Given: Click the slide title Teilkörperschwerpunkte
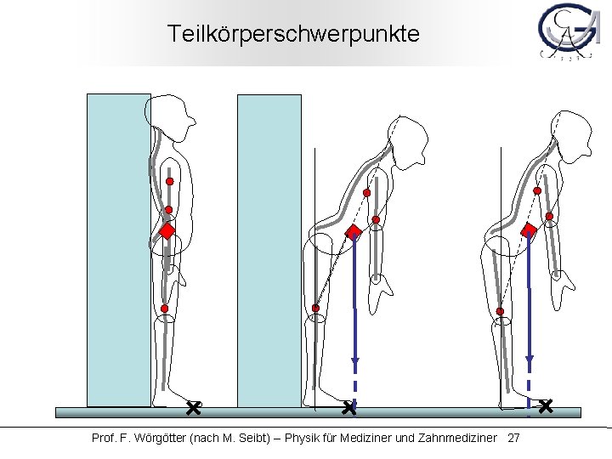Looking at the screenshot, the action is [292, 34].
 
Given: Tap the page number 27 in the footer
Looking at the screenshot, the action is [513, 438].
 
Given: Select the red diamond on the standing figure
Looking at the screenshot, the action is [167, 230].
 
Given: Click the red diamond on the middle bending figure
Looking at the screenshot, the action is [354, 232].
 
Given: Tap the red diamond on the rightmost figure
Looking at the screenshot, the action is [529, 229].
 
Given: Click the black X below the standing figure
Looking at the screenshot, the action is [193, 409].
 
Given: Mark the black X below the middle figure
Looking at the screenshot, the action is [348, 409].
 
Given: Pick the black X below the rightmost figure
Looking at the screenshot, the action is [545, 406].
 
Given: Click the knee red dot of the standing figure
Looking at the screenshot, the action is [165, 309].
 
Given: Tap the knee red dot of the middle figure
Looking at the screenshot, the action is [315, 308].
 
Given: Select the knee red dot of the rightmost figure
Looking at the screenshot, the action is [500, 312].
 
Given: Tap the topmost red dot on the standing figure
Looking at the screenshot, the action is [169, 182].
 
